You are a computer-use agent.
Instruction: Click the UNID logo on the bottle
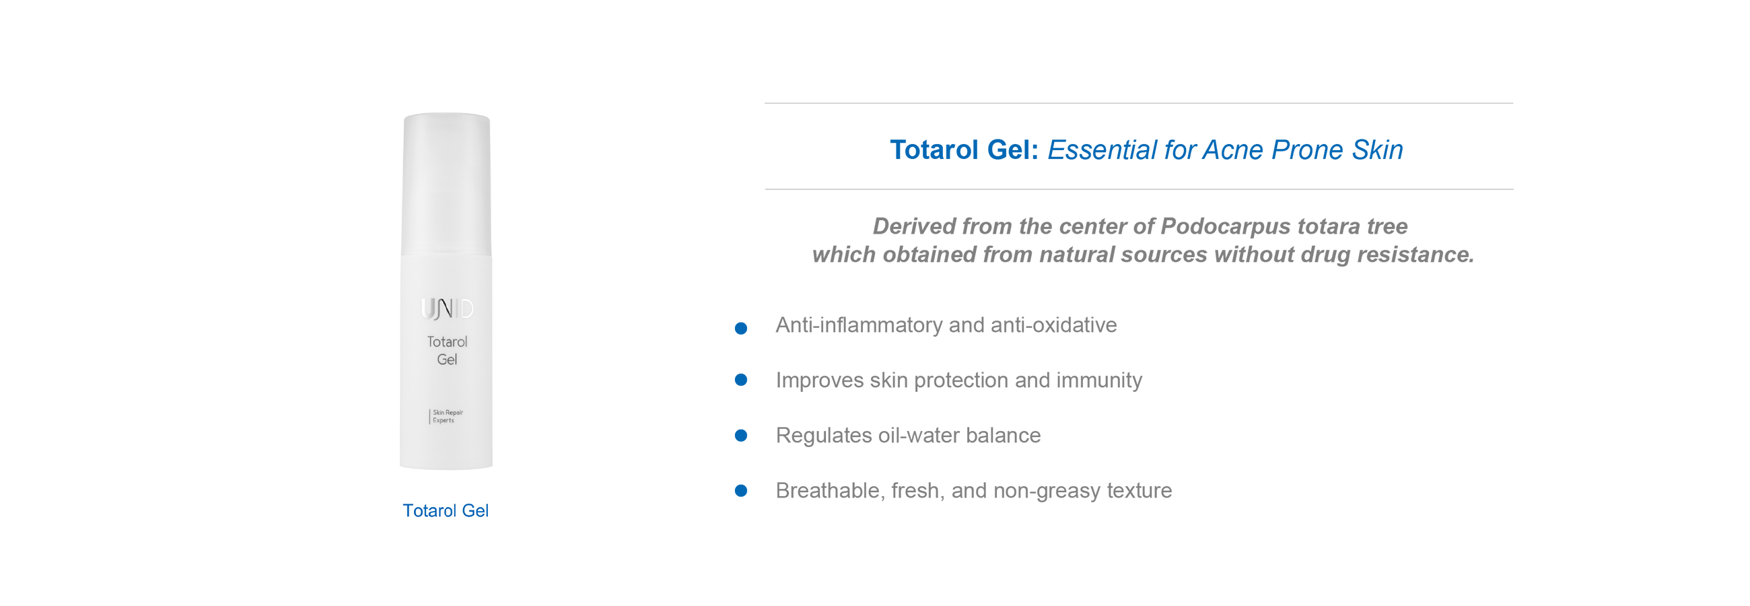click(x=447, y=308)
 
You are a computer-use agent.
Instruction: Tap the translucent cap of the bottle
click(x=446, y=184)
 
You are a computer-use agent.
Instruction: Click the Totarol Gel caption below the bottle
click(x=446, y=511)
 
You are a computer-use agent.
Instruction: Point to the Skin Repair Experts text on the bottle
click(x=448, y=416)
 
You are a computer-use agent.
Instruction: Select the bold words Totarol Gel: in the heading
click(x=964, y=150)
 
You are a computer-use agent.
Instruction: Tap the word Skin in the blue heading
click(x=1377, y=150)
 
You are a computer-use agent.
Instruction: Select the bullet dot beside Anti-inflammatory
click(x=741, y=329)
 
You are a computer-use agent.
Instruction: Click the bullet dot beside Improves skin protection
click(x=741, y=380)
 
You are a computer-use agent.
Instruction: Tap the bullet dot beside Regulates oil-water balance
click(x=741, y=436)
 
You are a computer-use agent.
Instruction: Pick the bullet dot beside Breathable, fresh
click(x=741, y=490)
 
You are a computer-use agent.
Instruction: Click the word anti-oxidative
click(x=1053, y=325)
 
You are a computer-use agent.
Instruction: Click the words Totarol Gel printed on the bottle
click(x=447, y=351)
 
